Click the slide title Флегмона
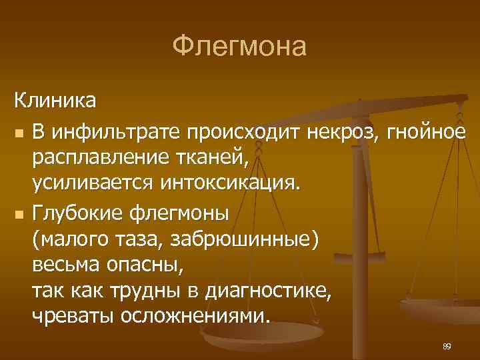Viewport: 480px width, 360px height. coord(239,47)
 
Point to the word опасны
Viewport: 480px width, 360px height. coord(146,264)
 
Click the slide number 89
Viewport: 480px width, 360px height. coord(447,346)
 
